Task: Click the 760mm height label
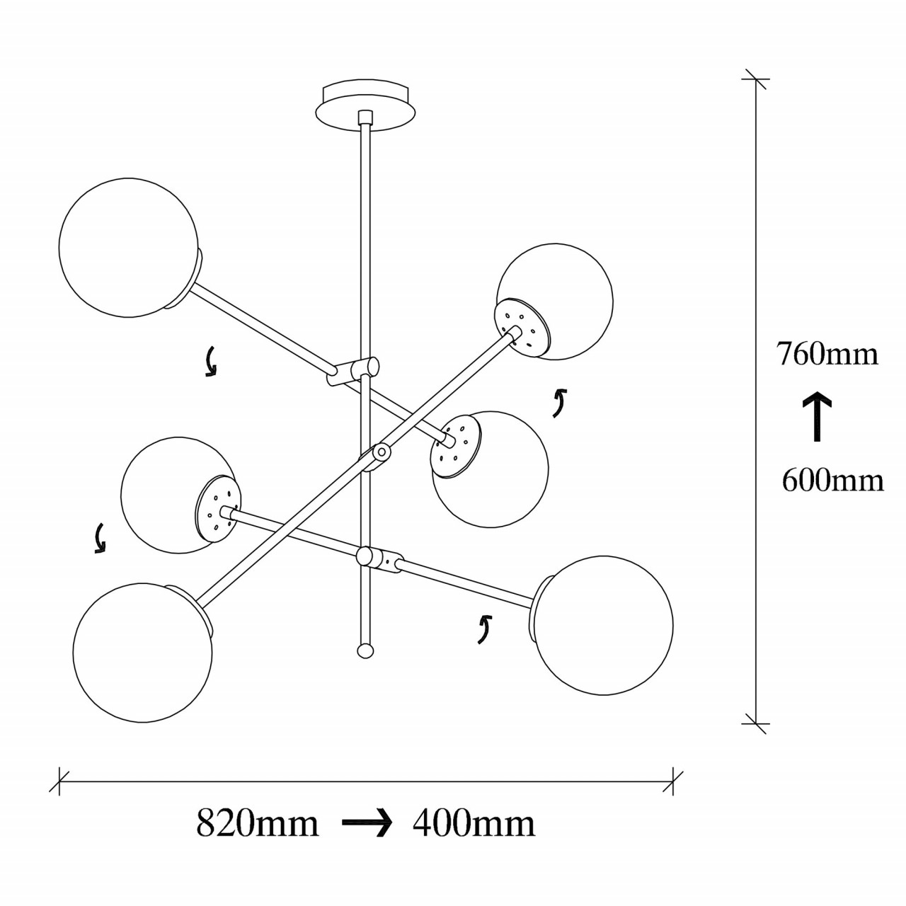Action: point(827,353)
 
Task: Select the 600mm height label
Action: point(832,481)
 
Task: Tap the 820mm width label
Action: point(257,823)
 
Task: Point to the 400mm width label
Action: point(474,823)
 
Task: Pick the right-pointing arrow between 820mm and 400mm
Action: point(367,823)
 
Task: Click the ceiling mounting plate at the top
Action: point(365,106)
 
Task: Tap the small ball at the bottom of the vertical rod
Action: point(365,650)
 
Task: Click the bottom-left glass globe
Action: point(142,652)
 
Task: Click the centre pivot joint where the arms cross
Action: point(382,451)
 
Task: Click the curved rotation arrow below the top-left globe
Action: point(210,362)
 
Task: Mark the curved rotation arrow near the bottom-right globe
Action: point(483,629)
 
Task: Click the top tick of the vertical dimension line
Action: point(757,79)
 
